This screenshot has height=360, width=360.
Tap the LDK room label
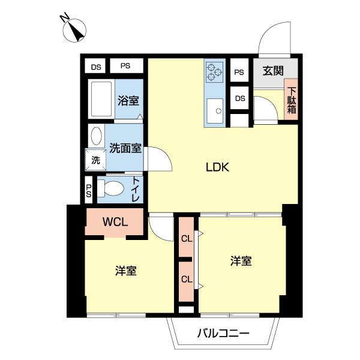coord(218,167)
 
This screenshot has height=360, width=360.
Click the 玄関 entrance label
coord(273,71)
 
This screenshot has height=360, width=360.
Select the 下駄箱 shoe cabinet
coord(291,100)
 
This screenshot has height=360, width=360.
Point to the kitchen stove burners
coord(214,72)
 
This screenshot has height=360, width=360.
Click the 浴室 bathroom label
coord(127,100)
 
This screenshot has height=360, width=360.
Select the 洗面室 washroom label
coord(125,148)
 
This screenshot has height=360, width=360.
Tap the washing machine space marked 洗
coord(95,160)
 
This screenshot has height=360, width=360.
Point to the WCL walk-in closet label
coord(114,221)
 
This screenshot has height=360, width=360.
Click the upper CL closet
coord(187,239)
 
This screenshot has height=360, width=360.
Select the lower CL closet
coord(187,279)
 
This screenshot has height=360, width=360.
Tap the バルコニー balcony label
coord(223,334)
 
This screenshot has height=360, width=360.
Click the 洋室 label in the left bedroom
coord(126,271)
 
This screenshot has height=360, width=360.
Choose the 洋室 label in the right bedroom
coord(241,261)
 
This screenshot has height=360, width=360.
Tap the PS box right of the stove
coord(239,73)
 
